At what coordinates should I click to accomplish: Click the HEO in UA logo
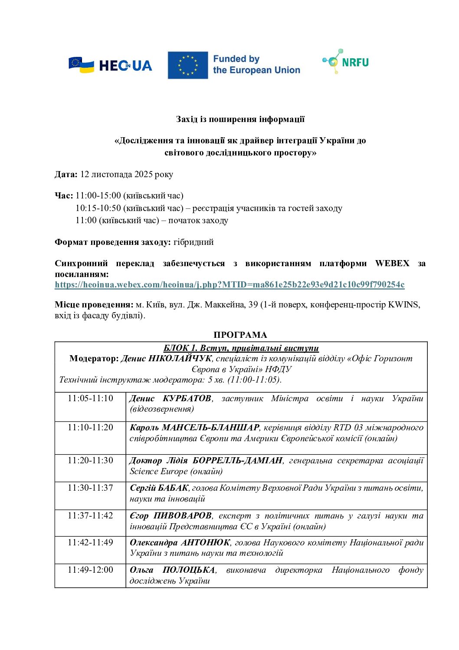click(x=110, y=65)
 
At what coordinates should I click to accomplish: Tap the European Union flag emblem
click(x=188, y=65)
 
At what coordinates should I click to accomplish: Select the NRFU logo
click(x=346, y=62)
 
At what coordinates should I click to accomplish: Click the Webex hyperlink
click(x=229, y=285)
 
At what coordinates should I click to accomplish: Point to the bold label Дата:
click(x=66, y=175)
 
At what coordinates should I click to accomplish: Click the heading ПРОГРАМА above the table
click(x=240, y=335)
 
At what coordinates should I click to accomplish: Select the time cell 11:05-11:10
click(x=90, y=399)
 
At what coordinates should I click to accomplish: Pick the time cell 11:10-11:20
click(x=90, y=428)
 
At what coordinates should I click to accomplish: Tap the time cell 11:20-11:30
click(x=90, y=461)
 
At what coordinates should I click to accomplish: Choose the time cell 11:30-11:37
click(x=90, y=488)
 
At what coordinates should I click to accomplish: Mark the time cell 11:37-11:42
click(x=90, y=516)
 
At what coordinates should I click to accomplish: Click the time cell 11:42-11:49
click(x=90, y=543)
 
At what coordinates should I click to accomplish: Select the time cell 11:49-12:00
click(x=90, y=570)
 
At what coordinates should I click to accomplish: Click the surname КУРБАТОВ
click(x=187, y=399)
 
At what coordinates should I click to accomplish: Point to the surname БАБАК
click(x=174, y=488)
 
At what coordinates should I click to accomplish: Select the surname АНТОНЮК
click(x=205, y=543)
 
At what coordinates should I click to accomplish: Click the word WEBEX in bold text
click(x=392, y=264)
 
